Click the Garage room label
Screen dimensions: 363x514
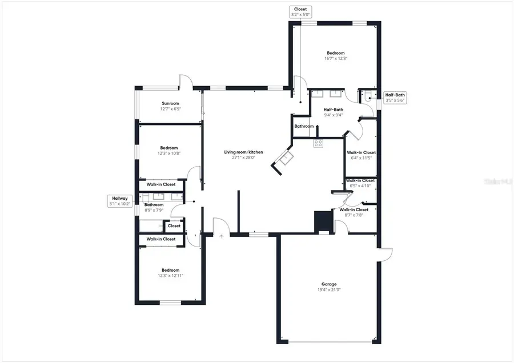[328, 284]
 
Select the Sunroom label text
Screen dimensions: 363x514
[170, 104]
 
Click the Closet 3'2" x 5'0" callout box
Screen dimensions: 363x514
[299, 12]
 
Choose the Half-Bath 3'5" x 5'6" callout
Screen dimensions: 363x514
[395, 98]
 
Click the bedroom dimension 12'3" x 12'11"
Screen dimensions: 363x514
[170, 276]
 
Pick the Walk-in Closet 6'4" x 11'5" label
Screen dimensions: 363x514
[361, 155]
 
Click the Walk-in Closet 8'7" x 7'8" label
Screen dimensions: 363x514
[354, 212]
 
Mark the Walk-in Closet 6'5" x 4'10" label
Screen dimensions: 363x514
[360, 183]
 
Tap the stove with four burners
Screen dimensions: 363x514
[318, 144]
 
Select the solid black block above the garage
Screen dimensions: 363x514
[322, 221]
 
